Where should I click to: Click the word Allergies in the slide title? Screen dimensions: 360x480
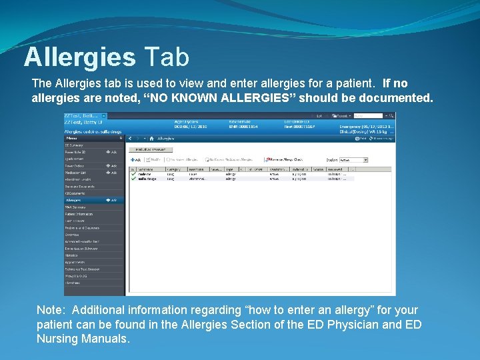click(x=79, y=57)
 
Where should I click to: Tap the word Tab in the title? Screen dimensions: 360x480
click(x=165, y=57)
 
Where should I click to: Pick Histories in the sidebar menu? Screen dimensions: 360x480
click(x=71, y=255)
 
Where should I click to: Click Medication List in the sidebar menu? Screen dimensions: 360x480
click(x=76, y=172)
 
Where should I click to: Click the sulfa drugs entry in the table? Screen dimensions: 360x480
click(x=147, y=179)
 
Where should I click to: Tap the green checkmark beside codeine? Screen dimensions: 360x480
click(x=133, y=173)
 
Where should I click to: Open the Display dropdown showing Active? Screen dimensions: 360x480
click(x=354, y=160)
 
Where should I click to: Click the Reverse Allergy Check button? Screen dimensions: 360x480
click(x=285, y=160)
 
